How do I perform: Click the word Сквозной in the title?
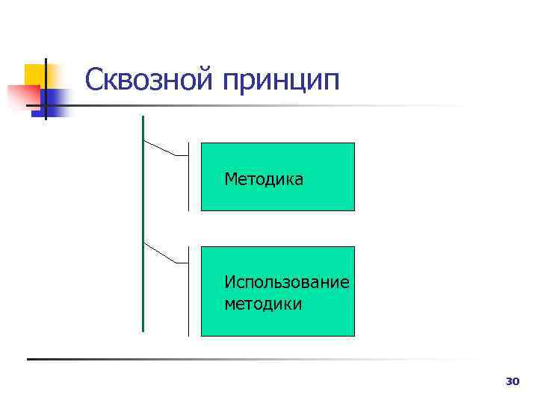coord(149,80)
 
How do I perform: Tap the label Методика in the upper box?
coord(264,179)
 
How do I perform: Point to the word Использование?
coord(287,283)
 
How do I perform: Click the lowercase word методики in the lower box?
coord(263,304)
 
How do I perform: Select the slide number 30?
coord(512,382)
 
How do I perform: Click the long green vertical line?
coord(143,224)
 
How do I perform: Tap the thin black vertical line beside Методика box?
coord(188,177)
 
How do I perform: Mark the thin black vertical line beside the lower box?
coord(188,291)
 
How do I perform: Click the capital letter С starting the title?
coord(94,80)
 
